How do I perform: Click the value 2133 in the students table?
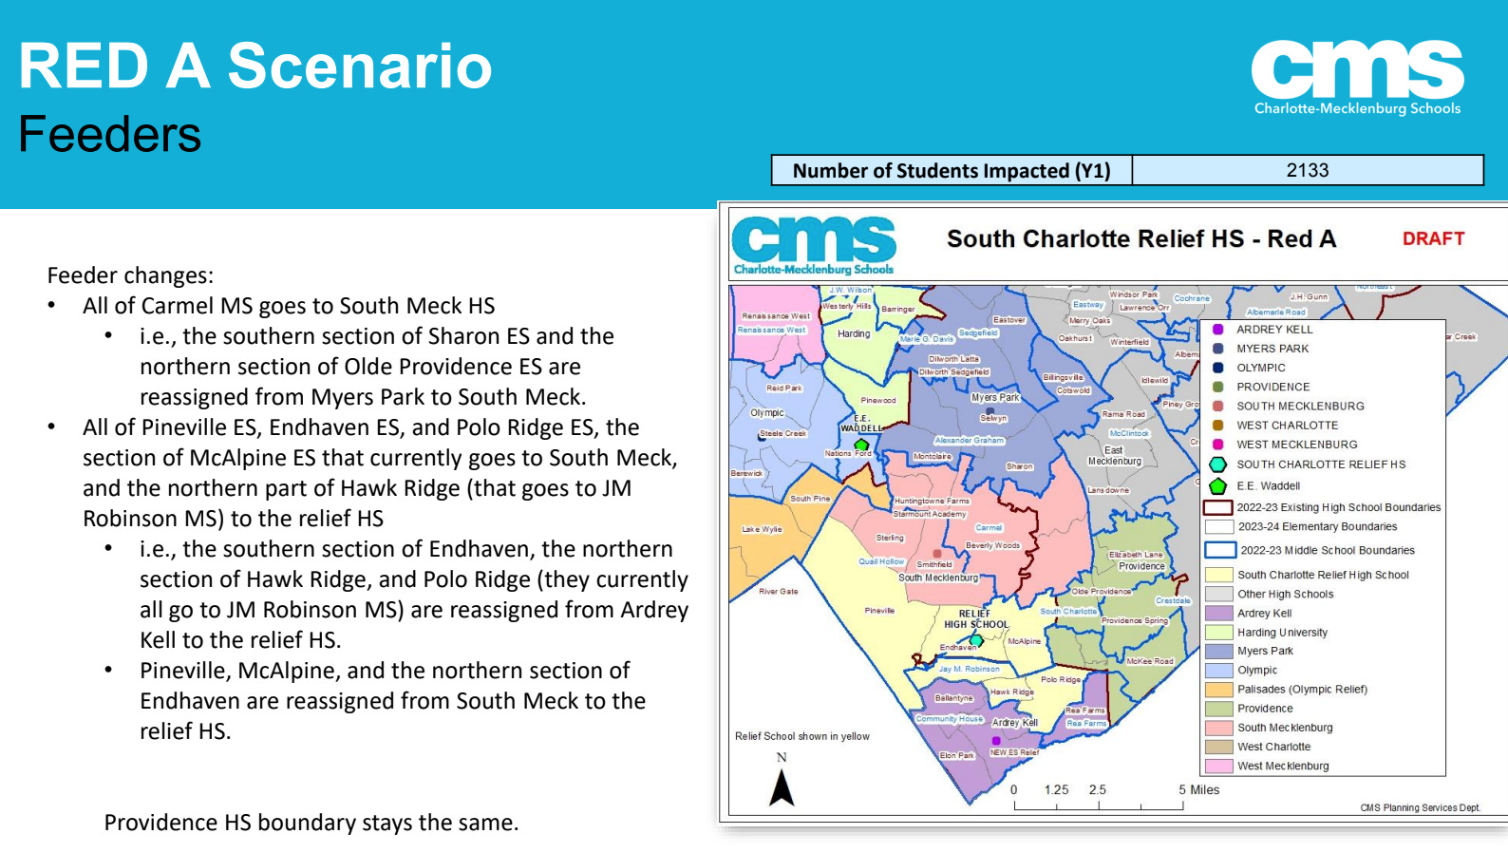click(x=1307, y=170)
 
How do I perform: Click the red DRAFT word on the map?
click(x=1433, y=238)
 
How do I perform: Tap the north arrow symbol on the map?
click(x=782, y=787)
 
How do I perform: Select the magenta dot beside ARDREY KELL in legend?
click(x=1218, y=330)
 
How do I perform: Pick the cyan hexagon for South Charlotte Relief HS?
click(x=1217, y=464)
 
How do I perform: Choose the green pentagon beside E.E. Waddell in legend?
click(x=1217, y=486)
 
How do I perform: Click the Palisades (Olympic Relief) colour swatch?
click(x=1218, y=690)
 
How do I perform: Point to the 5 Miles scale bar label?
click(x=1198, y=789)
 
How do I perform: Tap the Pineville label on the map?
click(x=879, y=611)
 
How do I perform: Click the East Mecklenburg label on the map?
click(x=1115, y=456)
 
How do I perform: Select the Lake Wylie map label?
click(x=762, y=529)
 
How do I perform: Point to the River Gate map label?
click(x=778, y=591)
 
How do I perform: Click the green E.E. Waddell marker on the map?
click(x=861, y=444)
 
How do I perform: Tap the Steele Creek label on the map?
click(x=782, y=433)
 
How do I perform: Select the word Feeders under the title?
click(x=110, y=134)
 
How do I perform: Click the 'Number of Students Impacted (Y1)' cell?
click(x=951, y=171)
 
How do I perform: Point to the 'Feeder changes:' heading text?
click(x=130, y=275)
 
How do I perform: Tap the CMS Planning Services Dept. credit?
click(x=1420, y=807)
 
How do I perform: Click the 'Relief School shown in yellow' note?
click(x=801, y=736)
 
